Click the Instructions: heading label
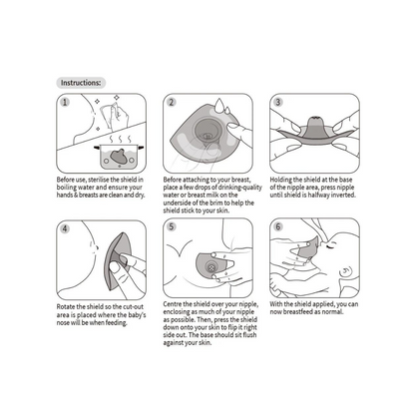pyautogui.click(x=81, y=83)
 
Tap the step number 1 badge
pyautogui.click(x=65, y=102)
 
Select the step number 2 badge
pyautogui.click(x=172, y=102)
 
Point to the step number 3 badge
pyautogui.click(x=278, y=102)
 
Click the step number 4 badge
pyautogui.click(x=65, y=228)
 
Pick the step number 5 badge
pyautogui.click(x=172, y=226)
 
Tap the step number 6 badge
pyautogui.click(x=278, y=226)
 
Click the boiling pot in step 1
pyautogui.click(x=119, y=157)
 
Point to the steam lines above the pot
pyautogui.click(x=121, y=139)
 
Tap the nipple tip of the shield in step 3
pyautogui.click(x=315, y=119)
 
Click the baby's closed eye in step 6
pyautogui.click(x=330, y=246)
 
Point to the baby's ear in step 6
pyautogui.click(x=345, y=273)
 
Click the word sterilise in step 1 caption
pyautogui.click(x=98, y=180)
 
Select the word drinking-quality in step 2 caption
pyautogui.click(x=240, y=188)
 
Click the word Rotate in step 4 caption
pyautogui.click(x=66, y=306)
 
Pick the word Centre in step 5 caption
pyautogui.click(x=173, y=304)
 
